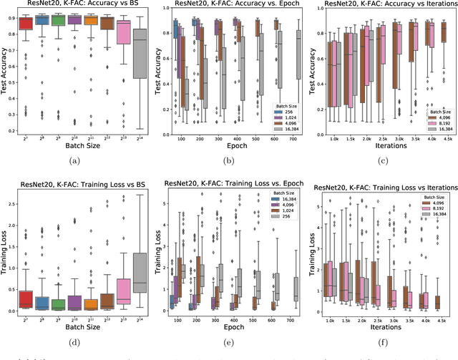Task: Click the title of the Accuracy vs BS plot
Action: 77,6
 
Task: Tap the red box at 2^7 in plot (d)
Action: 26,298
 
